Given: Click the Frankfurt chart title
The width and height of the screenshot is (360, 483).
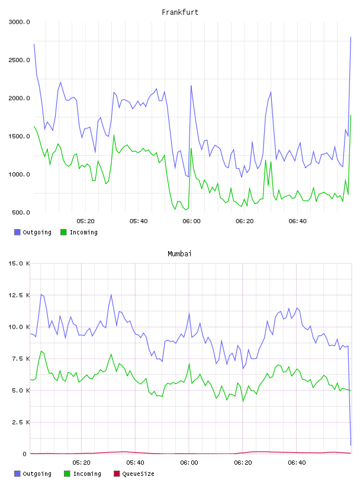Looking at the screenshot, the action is click(180, 12).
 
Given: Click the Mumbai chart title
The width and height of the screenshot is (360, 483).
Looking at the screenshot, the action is click(179, 254).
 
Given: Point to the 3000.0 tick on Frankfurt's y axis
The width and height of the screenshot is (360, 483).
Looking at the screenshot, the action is click(19, 22).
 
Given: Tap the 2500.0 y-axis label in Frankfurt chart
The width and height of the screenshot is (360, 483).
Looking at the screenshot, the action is click(19, 60).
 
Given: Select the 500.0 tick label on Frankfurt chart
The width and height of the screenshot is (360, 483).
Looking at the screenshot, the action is click(21, 212).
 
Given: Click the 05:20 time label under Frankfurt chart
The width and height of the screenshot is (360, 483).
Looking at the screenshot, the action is click(85, 221).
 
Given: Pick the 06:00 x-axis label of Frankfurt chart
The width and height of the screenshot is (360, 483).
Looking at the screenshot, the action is click(191, 221).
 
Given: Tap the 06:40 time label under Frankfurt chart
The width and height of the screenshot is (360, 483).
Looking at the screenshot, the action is click(297, 221).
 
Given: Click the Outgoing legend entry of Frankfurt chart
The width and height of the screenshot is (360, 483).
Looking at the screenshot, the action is click(33, 232).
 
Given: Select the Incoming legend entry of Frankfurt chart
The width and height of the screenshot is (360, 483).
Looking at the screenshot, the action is click(79, 232).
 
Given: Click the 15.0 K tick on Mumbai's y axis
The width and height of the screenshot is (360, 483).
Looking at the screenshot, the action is click(19, 263).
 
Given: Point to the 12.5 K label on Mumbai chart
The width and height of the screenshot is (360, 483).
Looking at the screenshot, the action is click(19, 295).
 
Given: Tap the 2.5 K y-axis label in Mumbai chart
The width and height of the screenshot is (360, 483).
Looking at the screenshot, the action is click(21, 422).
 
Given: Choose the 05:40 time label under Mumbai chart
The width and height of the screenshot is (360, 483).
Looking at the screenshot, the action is click(135, 463).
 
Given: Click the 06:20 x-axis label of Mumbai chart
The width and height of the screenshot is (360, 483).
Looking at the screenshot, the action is click(243, 463).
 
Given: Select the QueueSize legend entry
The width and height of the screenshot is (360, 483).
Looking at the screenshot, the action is click(134, 474).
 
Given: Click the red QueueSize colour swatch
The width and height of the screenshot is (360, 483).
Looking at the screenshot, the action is click(117, 474).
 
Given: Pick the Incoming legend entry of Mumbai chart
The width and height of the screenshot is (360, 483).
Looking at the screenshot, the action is click(83, 474).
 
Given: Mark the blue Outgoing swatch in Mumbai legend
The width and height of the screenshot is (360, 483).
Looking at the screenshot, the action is click(17, 474).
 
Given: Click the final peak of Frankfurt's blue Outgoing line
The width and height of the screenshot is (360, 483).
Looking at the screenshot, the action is click(351, 37).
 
